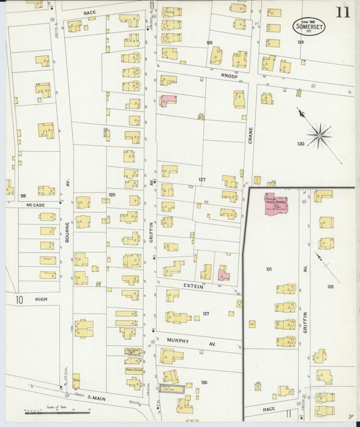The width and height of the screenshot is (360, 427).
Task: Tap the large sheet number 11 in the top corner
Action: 344,12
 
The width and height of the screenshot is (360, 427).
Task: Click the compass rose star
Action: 318,134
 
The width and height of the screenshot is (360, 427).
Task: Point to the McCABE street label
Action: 35,205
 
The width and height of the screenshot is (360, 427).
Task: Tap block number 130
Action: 301,143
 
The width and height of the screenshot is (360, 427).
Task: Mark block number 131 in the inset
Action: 269,270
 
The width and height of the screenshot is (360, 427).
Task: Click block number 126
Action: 204,382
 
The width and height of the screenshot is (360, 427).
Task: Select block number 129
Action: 301,42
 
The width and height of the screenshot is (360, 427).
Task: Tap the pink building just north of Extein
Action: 223,275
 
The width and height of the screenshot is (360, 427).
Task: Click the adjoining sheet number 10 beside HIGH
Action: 20,298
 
